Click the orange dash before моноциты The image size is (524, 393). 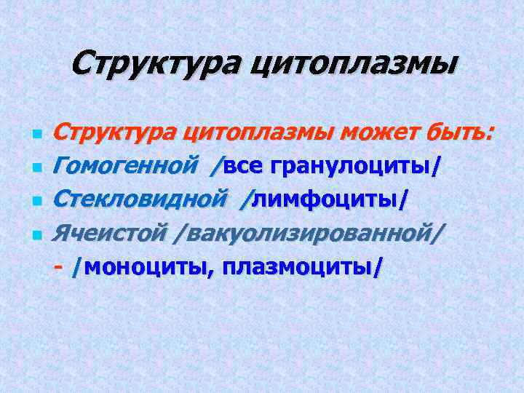coord(58,266)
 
